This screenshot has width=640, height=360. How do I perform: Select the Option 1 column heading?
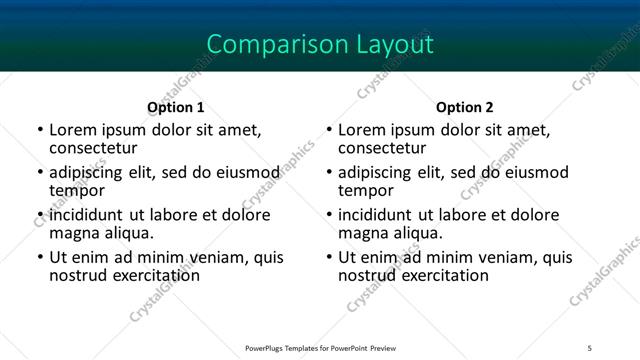tap(176, 107)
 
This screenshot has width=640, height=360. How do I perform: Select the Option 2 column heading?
tap(465, 107)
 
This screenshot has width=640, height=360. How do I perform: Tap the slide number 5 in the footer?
tap(590, 347)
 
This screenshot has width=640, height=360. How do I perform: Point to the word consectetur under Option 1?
tap(92, 147)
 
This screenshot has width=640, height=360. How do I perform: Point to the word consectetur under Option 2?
tap(381, 147)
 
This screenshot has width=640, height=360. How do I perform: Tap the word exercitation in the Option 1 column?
tap(142, 274)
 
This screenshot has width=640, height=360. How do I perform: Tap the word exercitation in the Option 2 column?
tap(431, 274)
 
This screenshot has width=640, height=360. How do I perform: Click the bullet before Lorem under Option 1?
tap(40, 131)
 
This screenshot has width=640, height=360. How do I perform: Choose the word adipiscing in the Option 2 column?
tap(375, 173)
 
